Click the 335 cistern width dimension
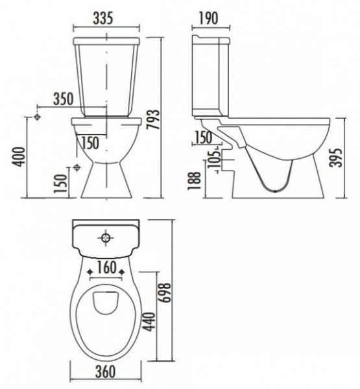tap(103, 18)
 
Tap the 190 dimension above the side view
tap(208, 18)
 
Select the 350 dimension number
tap(64, 99)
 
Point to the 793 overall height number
tap(152, 119)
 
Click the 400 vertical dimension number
tap(19, 156)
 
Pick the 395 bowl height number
tap(337, 158)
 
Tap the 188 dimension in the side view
tap(194, 181)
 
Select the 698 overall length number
tap(165, 292)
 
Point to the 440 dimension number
tap(150, 322)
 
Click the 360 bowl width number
tap(106, 371)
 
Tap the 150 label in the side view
tap(204, 137)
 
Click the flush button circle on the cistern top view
tap(106, 238)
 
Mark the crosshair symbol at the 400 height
tap(37, 117)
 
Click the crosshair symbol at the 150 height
tap(77, 168)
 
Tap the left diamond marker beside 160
tap(90, 272)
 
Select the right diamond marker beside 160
tap(122, 272)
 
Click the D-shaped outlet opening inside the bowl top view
tap(106, 303)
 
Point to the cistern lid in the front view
tap(106, 41)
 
